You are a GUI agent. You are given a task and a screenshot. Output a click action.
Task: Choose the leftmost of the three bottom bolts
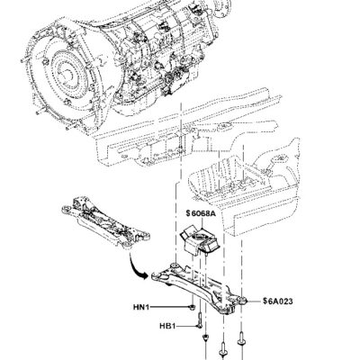point(208,346)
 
